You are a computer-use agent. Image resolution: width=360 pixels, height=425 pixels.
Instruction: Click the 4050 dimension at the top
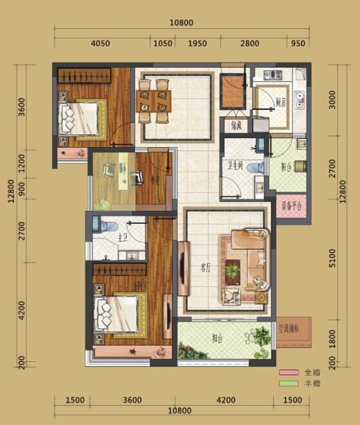coord(101,44)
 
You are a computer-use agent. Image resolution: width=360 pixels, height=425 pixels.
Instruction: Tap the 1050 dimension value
coord(162,44)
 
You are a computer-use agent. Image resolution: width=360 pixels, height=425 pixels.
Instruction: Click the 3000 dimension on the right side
coord(332,100)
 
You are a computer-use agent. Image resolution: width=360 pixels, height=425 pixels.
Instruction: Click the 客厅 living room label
coord(204,269)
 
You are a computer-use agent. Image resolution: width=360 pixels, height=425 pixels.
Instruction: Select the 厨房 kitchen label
coord(280,102)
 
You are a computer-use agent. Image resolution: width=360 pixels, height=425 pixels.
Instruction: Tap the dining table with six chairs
coord(154,101)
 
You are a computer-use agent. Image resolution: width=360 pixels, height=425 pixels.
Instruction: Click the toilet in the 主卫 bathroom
coord(107,225)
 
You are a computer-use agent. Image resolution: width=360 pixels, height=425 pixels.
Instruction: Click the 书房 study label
coord(154,180)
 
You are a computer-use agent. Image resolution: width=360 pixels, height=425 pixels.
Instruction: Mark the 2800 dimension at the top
coord(249,44)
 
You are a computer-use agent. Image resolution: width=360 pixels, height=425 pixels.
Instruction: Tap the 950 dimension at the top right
coord(298,44)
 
